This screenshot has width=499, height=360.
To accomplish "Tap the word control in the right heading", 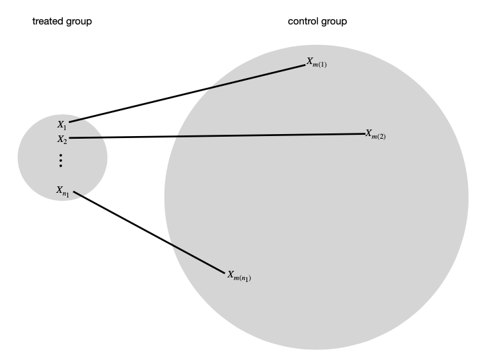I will click(x=303, y=22).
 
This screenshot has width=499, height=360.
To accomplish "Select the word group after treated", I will click(x=77, y=22).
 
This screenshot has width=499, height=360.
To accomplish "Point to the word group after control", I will click(x=333, y=22).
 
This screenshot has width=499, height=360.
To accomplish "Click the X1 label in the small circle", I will click(x=61, y=124).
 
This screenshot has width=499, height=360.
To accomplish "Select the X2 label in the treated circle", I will click(x=61, y=139).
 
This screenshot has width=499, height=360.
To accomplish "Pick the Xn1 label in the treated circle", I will click(x=63, y=191).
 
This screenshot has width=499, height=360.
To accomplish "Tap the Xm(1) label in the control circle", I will click(x=317, y=62).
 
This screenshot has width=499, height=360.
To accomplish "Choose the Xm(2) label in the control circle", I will click(x=375, y=133).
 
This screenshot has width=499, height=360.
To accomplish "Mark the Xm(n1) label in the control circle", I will click(x=239, y=275).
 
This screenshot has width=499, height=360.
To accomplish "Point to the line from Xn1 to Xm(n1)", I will click(x=149, y=232).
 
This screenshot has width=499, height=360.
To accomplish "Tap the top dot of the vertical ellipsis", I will click(x=61, y=155).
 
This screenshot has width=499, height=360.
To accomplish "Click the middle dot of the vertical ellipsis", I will click(x=61, y=161).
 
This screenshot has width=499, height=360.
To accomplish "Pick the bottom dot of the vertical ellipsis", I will click(x=61, y=166).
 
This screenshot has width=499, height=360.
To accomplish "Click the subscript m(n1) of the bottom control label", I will click(x=243, y=278).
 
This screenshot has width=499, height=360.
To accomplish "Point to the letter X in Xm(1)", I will click(x=309, y=61).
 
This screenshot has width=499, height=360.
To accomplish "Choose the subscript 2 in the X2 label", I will click(x=65, y=141).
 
